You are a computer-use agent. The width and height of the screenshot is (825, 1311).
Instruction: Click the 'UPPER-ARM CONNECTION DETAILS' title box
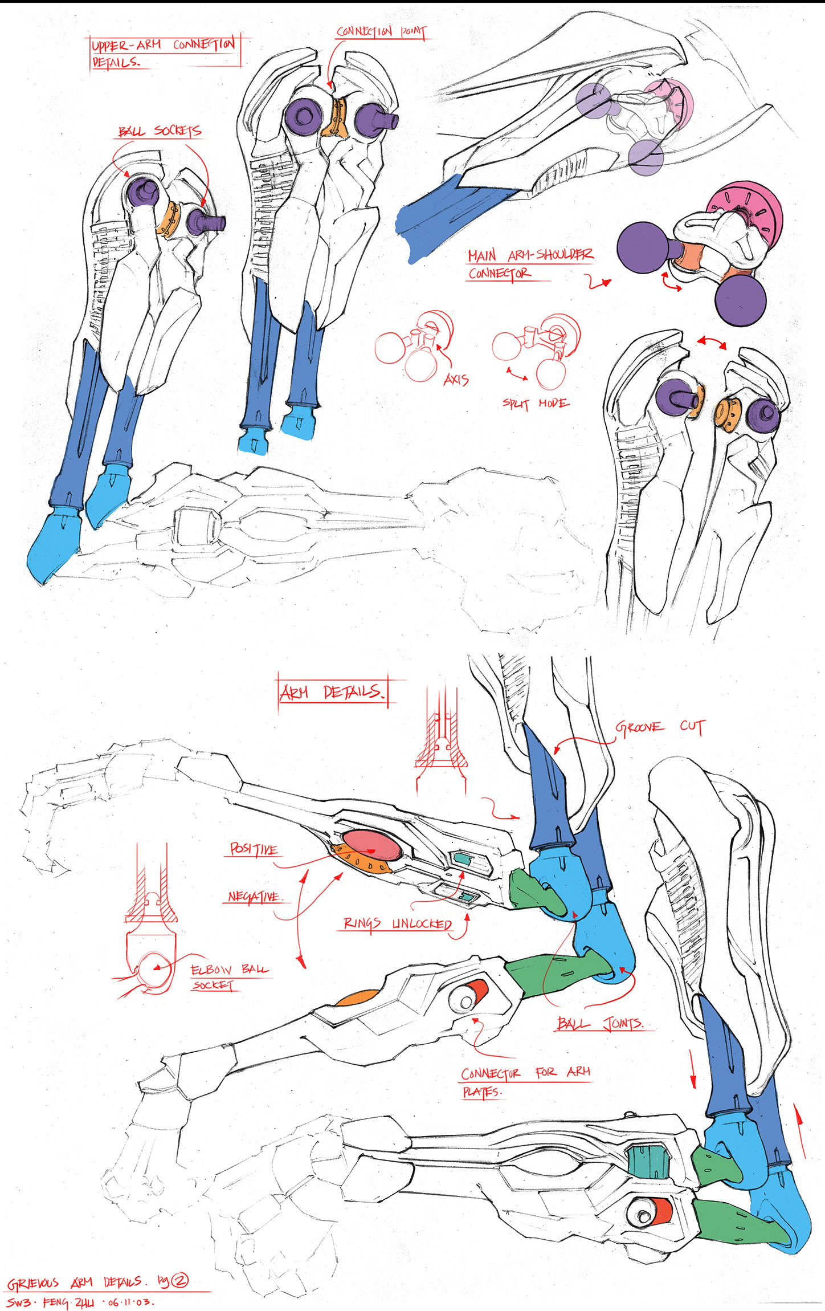click(164, 52)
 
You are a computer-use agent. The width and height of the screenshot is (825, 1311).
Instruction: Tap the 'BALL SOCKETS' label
click(160, 132)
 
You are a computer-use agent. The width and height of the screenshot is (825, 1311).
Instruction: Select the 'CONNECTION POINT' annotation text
click(381, 32)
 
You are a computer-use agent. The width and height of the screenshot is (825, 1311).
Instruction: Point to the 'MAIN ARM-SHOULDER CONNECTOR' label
click(529, 264)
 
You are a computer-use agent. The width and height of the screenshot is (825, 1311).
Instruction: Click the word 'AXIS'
click(456, 380)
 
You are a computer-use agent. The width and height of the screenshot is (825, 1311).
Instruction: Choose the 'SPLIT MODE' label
click(535, 404)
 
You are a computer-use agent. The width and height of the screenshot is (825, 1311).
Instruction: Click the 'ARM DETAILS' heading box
click(332, 692)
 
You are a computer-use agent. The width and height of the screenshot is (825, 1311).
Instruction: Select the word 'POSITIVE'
click(254, 849)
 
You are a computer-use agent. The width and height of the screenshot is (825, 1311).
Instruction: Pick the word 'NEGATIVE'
click(254, 897)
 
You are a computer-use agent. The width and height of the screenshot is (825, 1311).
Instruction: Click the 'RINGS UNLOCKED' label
click(398, 923)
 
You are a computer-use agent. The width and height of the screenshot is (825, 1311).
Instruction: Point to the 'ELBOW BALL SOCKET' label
click(228, 976)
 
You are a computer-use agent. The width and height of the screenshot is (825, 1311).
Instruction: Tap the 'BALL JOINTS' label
click(599, 1024)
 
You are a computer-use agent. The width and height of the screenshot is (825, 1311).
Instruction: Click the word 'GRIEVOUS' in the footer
click(33, 1284)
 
